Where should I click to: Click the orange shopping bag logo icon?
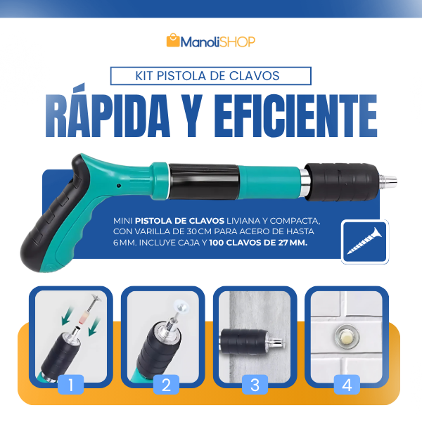point(173,41)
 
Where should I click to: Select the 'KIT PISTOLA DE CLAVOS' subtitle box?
point(211,75)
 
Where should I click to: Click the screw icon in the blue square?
point(364,242)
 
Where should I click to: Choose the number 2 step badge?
point(166,385)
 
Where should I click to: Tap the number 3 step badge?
point(255,385)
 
